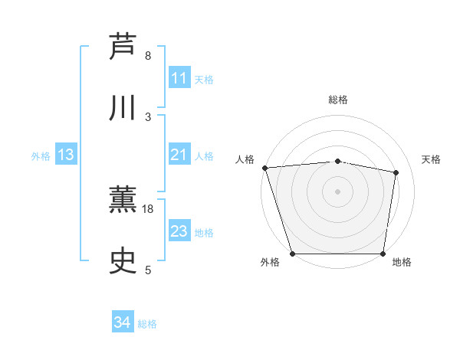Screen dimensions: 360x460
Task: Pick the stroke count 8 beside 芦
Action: tap(148, 55)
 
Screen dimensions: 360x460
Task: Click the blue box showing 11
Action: tap(179, 78)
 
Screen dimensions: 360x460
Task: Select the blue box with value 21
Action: tap(179, 155)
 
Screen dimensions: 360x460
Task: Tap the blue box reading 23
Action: tap(179, 231)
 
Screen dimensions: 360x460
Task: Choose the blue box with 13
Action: tap(65, 155)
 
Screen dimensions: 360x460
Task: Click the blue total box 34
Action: tap(123, 322)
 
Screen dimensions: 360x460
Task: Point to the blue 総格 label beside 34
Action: tap(147, 324)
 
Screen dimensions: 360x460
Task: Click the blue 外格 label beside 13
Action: tap(41, 156)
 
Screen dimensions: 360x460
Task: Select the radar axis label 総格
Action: tap(338, 100)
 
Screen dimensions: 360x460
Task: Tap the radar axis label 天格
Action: tap(432, 159)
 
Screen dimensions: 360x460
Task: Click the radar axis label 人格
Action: tap(245, 159)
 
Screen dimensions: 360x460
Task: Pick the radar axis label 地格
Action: tap(402, 263)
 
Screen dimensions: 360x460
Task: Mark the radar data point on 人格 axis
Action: tap(264, 168)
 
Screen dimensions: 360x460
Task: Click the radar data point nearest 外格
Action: tap(292, 253)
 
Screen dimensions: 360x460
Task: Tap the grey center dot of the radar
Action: tap(337, 191)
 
